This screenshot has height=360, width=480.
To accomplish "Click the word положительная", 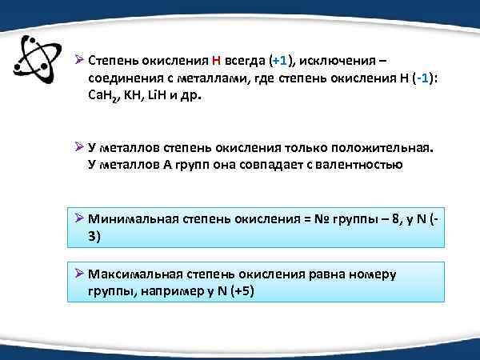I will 379,147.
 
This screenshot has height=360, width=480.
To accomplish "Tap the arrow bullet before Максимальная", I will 78,274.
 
